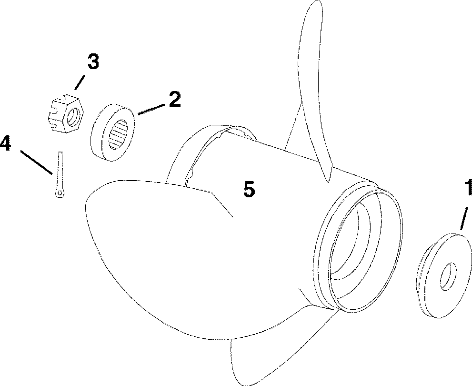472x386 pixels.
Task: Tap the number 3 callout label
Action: [x=92, y=62]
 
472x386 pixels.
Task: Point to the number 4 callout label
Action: [x=6, y=143]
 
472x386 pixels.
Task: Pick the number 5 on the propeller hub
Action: [x=249, y=190]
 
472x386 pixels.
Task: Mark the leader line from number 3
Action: [x=81, y=82]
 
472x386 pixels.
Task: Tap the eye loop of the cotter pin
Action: [x=59, y=192]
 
